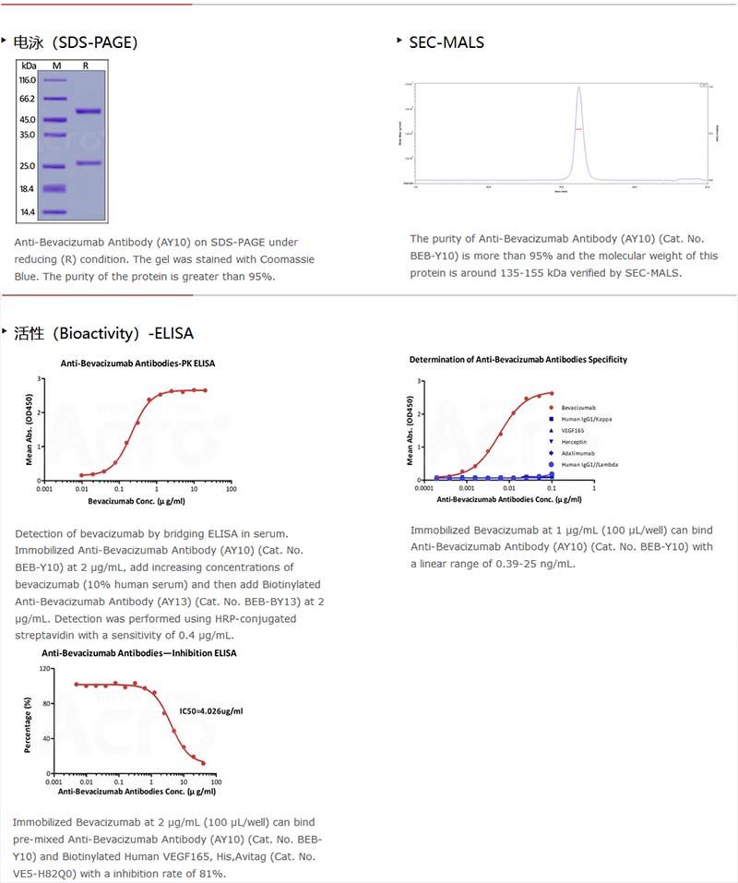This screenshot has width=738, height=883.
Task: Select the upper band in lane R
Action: tap(88, 112)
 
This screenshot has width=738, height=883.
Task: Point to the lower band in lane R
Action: tap(88, 163)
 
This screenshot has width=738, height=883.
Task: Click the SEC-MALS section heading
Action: tap(446, 42)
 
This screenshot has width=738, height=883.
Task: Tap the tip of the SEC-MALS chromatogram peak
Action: tap(578, 88)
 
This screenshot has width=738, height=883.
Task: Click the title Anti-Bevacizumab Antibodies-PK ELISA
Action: tap(137, 364)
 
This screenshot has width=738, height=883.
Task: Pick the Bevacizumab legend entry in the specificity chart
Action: tap(579, 407)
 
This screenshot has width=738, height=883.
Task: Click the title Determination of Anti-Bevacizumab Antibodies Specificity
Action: tap(518, 359)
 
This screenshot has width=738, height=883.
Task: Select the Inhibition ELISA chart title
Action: tap(138, 653)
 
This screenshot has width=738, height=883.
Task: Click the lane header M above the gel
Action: tap(56, 66)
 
